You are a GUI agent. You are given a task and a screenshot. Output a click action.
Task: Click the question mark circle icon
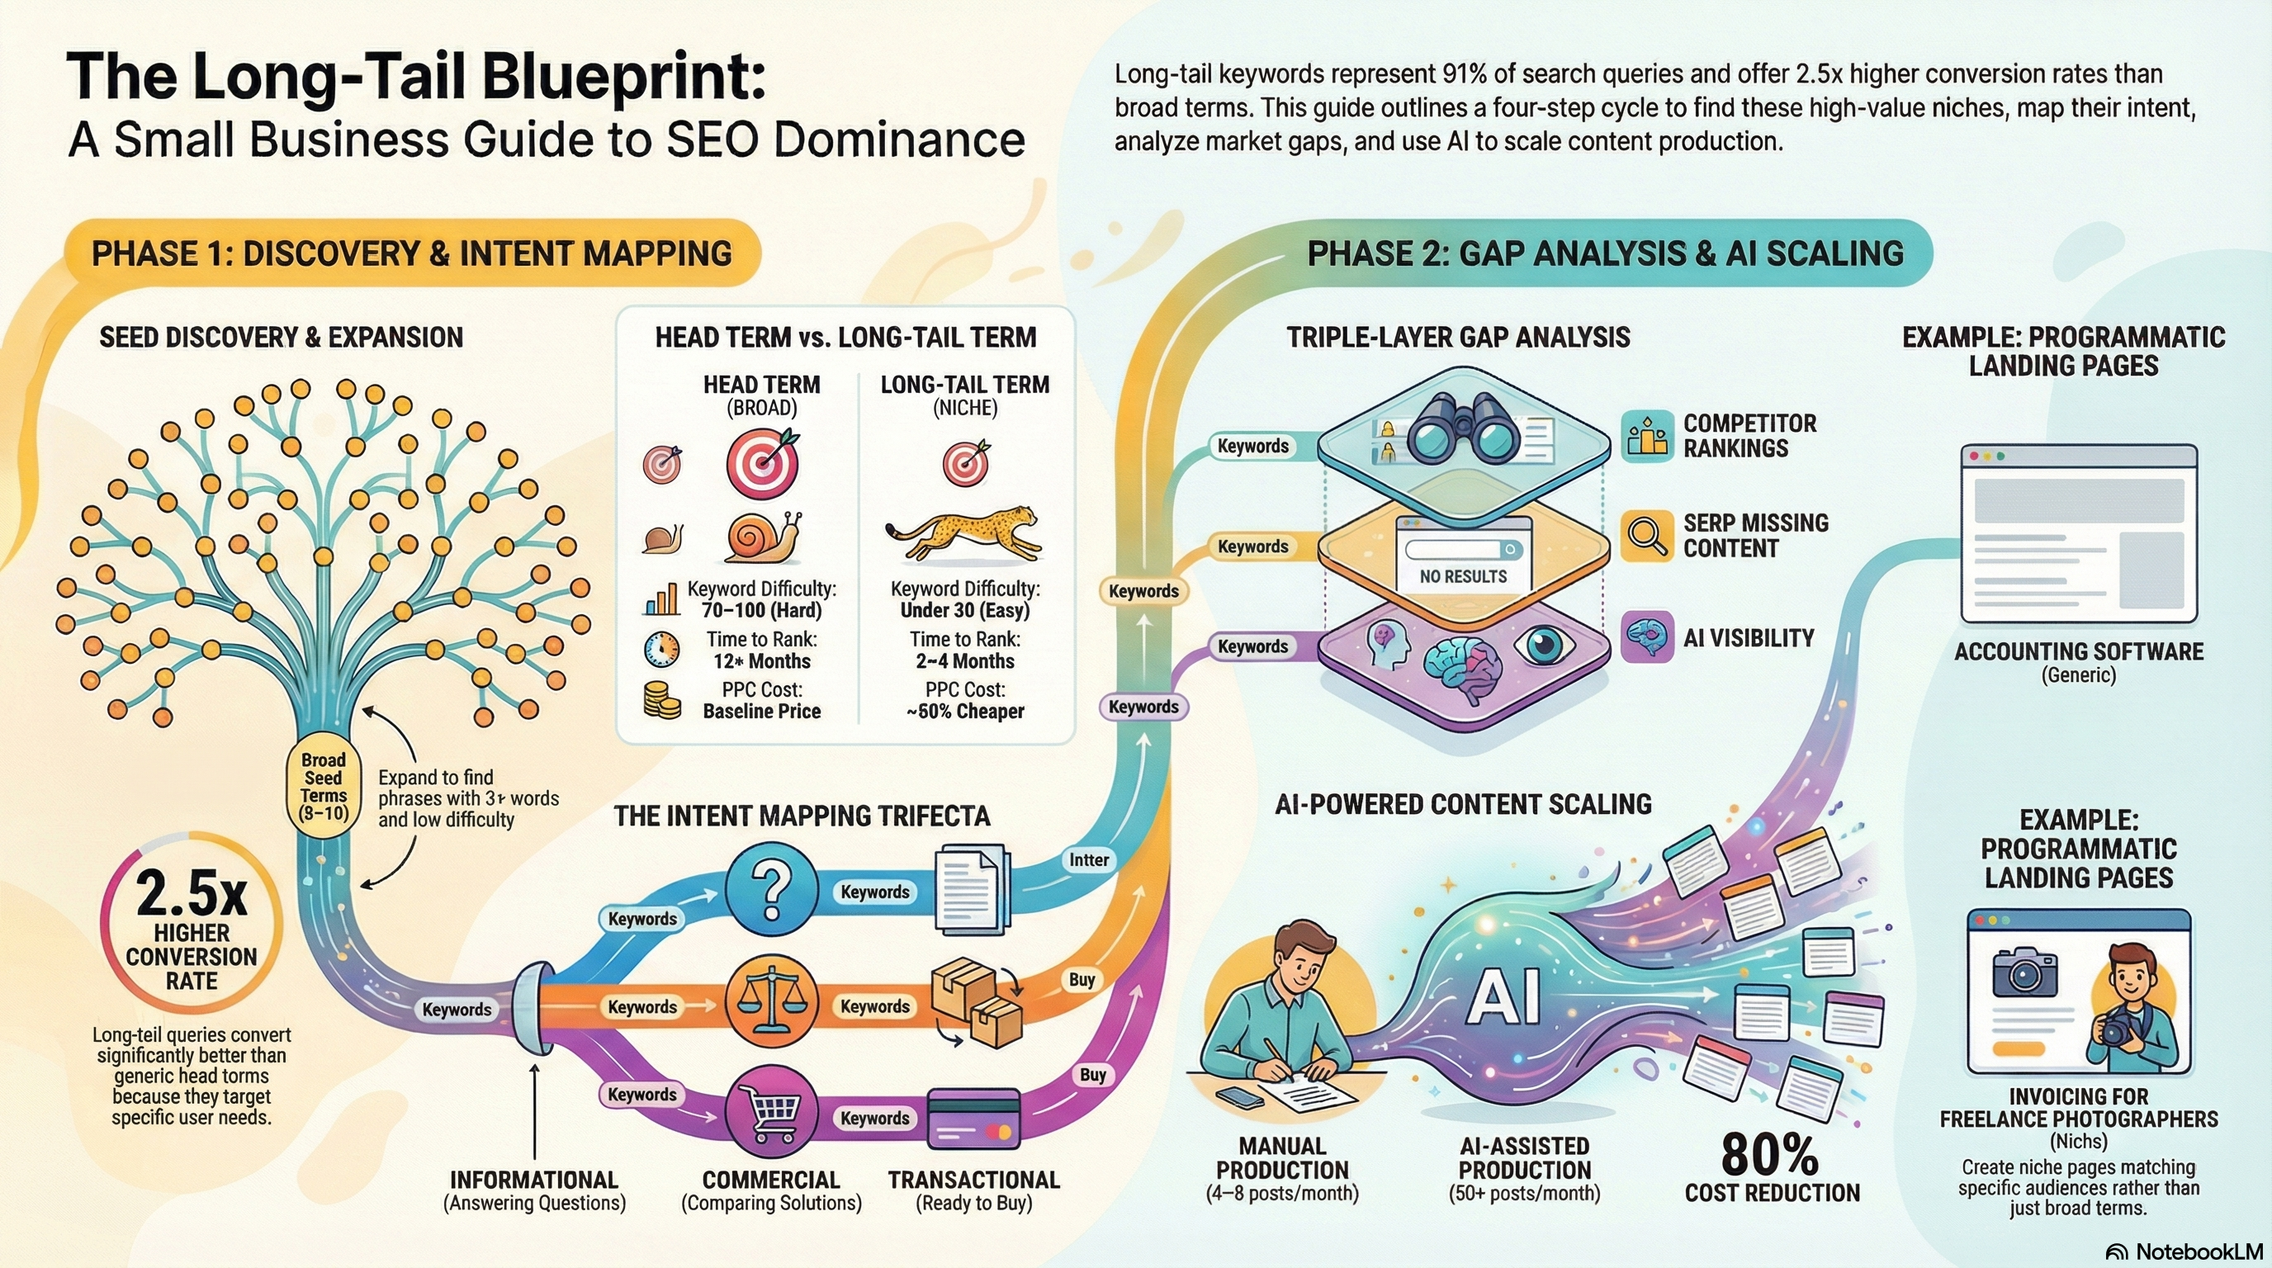[x=771, y=889]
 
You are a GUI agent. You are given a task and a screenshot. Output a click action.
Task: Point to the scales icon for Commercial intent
[x=771, y=1005]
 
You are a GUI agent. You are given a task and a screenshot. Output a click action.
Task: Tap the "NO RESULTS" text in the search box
[x=1463, y=577]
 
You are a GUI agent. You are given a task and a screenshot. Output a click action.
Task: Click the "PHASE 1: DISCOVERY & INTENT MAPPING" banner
[x=411, y=254]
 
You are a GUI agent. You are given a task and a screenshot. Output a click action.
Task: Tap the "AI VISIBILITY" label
[x=1748, y=637]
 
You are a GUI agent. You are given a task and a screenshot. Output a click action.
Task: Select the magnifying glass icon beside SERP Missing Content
[x=1645, y=535]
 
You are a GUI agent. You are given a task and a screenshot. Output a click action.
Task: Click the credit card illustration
[x=973, y=1120]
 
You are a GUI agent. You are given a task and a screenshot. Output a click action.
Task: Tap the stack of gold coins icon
[x=661, y=700]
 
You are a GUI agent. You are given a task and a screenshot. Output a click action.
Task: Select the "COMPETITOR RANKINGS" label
[x=1749, y=436]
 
